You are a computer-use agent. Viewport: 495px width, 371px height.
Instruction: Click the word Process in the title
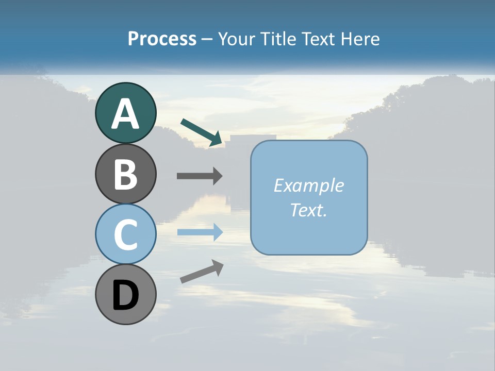pos(162,39)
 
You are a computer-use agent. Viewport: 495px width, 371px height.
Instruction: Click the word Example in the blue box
pos(308,186)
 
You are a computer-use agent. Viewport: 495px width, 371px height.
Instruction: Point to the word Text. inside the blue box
pos(308,210)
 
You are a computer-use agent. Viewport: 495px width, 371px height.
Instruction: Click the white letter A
pos(125,114)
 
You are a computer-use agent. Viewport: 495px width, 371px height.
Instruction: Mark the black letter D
pos(125,296)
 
